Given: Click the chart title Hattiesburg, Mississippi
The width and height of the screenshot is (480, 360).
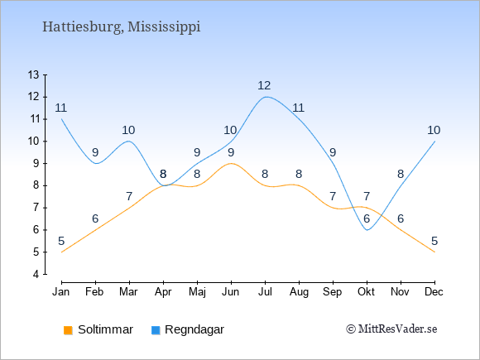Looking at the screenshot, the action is (121, 27).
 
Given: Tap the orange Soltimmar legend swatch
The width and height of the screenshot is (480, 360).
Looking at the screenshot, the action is (68, 330).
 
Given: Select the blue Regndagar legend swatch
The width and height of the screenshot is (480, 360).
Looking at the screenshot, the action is (156, 330).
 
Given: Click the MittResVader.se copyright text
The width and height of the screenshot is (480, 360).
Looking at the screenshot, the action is (391, 329).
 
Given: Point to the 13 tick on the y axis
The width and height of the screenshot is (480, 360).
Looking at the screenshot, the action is (34, 74).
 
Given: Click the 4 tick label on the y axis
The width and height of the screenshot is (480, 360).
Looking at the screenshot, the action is (36, 274).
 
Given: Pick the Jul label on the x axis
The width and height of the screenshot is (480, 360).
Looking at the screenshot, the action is (265, 292).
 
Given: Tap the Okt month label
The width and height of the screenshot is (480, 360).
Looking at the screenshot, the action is (366, 292).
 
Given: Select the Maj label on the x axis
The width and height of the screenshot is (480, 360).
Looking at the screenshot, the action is (197, 292).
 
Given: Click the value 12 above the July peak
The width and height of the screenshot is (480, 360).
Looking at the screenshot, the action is (264, 86).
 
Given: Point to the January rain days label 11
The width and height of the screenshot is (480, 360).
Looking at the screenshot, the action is (61, 108).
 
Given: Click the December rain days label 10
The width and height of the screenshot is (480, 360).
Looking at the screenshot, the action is (434, 131).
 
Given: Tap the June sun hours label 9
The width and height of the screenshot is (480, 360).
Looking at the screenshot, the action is (231, 152).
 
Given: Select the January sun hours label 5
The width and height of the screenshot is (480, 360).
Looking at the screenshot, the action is (61, 241).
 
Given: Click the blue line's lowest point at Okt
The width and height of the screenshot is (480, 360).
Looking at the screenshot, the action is (367, 230).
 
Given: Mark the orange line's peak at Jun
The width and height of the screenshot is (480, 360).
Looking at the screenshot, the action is (231, 164).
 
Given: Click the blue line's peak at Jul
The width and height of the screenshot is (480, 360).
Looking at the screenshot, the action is (266, 97).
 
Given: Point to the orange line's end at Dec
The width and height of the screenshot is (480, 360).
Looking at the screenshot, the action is (434, 252).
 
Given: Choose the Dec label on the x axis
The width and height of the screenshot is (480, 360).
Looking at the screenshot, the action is (434, 292).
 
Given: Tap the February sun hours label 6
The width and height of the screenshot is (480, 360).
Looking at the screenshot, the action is (95, 218).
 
